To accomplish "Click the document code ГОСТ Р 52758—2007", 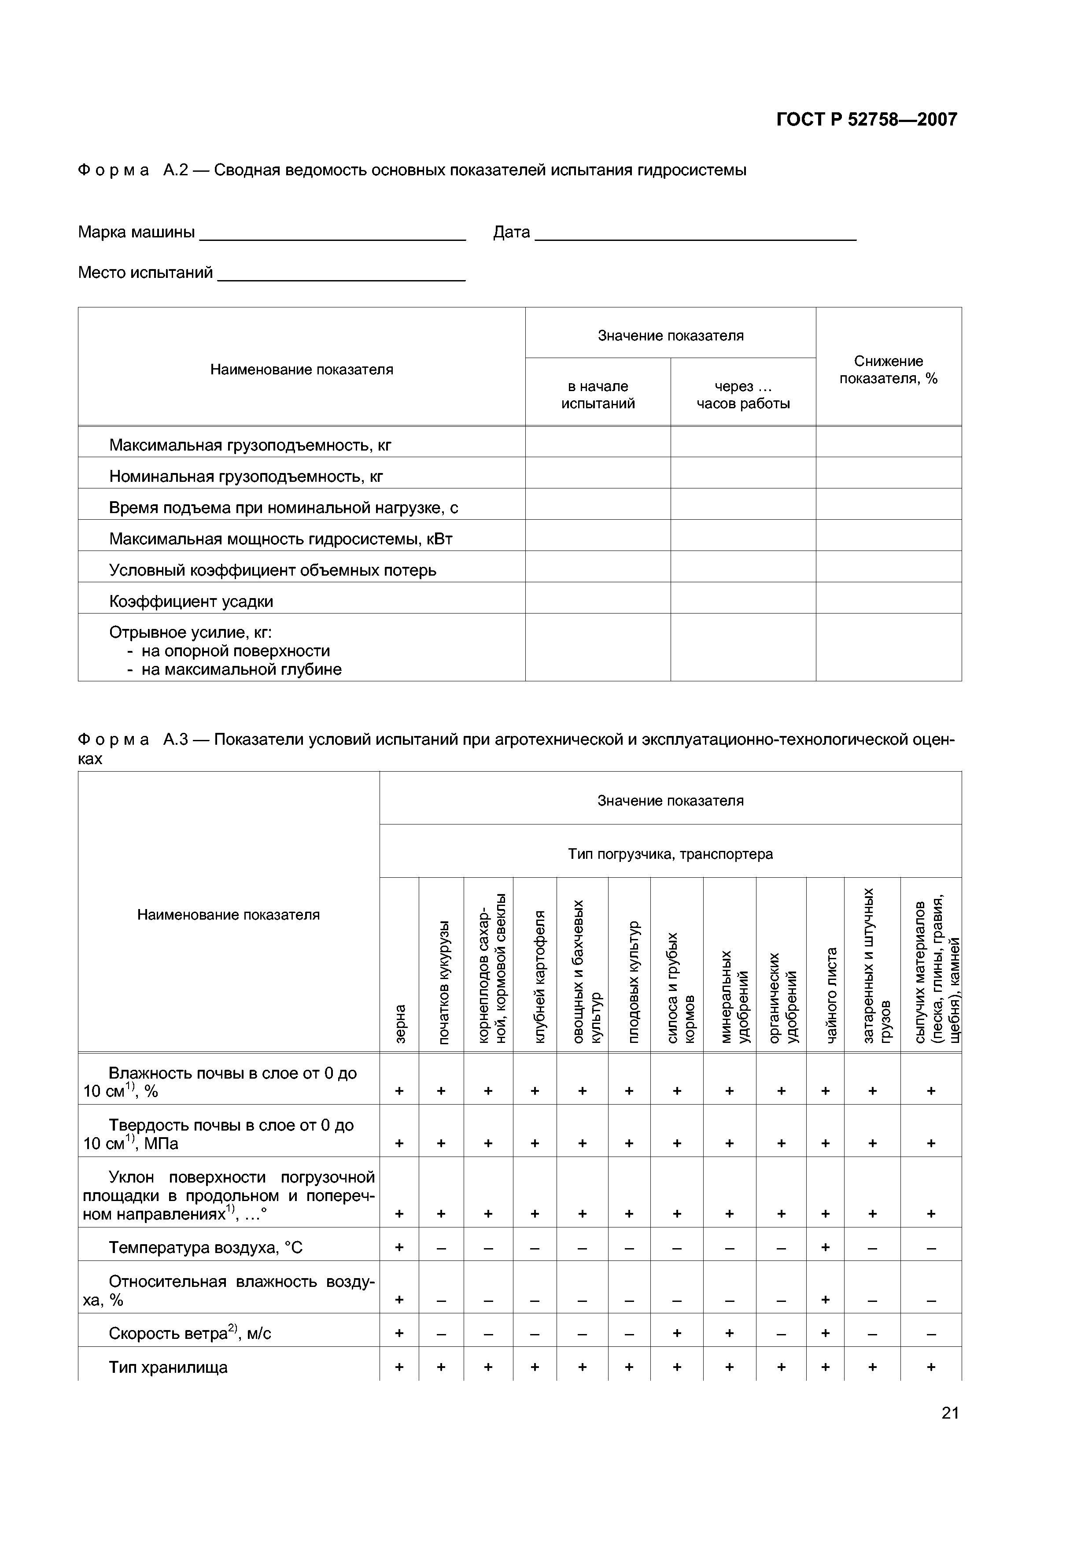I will pos(866,120).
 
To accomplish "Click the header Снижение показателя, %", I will pos(888,370).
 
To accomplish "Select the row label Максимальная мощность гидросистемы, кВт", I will pos(280,539).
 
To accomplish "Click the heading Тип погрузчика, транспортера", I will pos(670,854).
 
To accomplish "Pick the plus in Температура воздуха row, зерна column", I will pos(399,1247).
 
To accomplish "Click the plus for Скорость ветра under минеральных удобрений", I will pos(729,1333).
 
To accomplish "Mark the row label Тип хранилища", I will pos(168,1368).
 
